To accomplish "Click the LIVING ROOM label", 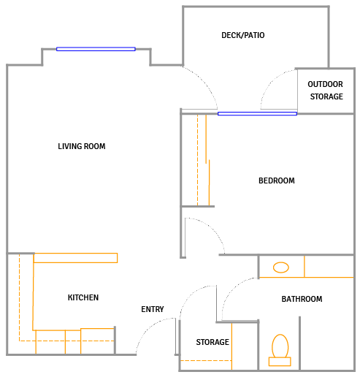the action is coord(82,146).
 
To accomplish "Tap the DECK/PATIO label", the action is coord(243,35).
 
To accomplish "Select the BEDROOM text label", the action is coord(277,180).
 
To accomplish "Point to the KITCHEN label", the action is coord(83,297).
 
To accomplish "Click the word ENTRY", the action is coord(153,309).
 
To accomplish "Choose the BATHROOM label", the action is coord(302,299).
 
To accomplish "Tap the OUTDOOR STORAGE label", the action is coord(326,91).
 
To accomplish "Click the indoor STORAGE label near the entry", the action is coord(212,342).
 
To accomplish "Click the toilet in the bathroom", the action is coord(280,350).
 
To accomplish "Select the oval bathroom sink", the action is coord(281,267).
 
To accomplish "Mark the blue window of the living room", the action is coord(96,49).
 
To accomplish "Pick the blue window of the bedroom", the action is coord(257,114).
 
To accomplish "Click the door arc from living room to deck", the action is coord(206,82).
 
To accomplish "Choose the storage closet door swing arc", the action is coord(192,292).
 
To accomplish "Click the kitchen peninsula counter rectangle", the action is coord(75,258).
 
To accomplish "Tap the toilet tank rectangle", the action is coord(280,362).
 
